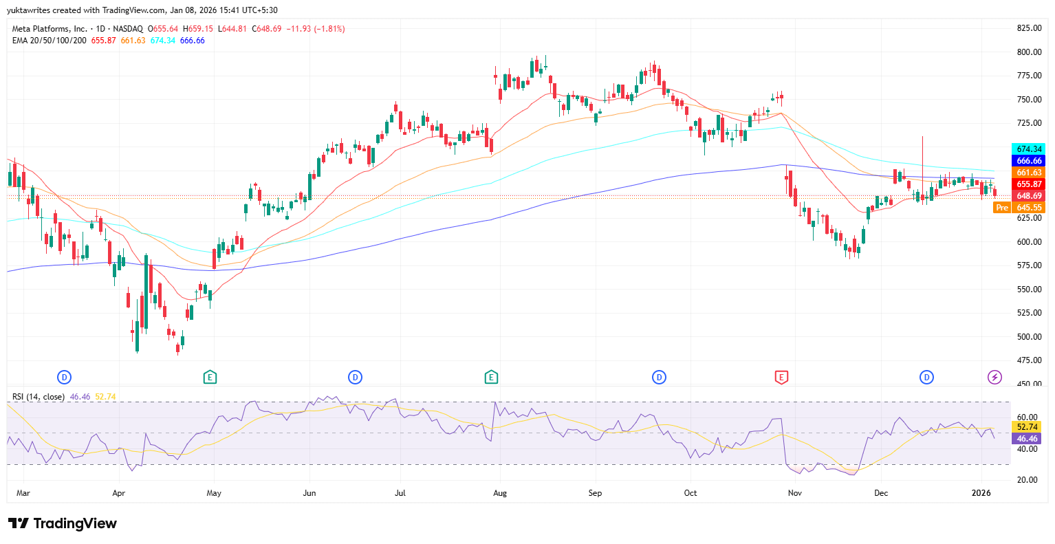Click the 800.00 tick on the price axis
click(x=1028, y=52)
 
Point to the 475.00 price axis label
click(x=1028, y=360)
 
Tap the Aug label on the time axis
click(x=500, y=493)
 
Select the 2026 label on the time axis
click(x=981, y=493)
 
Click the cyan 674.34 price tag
click(x=1029, y=149)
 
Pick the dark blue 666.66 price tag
click(x=1029, y=161)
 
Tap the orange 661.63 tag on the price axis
click(x=1029, y=173)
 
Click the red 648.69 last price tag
click(x=1029, y=196)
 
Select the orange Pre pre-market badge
click(x=1002, y=208)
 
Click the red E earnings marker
click(x=781, y=377)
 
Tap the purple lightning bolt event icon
click(x=994, y=377)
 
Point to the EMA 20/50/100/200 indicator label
click(x=50, y=41)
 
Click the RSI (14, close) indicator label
click(x=39, y=397)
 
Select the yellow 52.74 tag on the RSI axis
click(x=1027, y=427)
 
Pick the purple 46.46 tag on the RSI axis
click(x=1027, y=439)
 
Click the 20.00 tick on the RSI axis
click(x=1027, y=480)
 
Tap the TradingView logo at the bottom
click(x=63, y=523)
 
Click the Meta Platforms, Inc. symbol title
click(x=50, y=29)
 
